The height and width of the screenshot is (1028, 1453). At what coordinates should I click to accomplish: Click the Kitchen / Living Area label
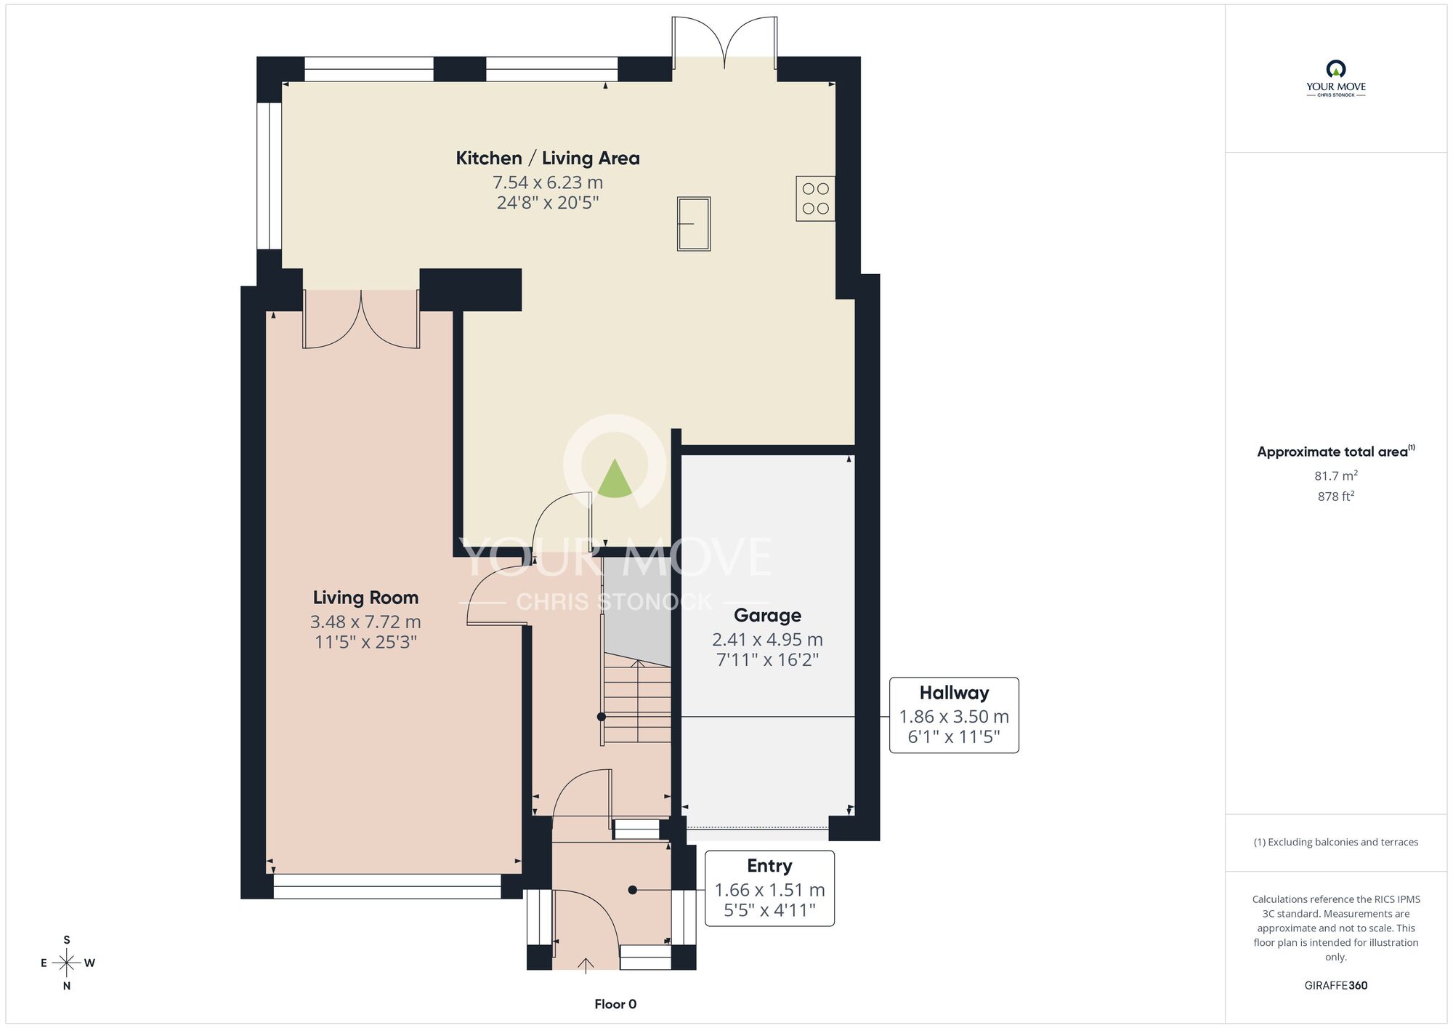[x=548, y=158]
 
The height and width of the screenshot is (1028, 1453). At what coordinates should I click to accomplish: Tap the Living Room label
[x=365, y=598]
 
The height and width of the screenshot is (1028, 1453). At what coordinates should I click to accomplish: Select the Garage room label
[x=767, y=616]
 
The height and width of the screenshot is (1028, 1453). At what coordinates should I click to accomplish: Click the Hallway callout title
[x=954, y=693]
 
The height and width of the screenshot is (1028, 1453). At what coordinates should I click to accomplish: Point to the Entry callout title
[x=769, y=866]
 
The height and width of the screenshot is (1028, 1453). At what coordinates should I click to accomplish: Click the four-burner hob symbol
[x=815, y=198]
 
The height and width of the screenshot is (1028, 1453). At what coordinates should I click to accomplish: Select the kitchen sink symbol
[x=694, y=224]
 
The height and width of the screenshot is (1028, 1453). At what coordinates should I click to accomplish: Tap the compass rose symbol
[x=67, y=963]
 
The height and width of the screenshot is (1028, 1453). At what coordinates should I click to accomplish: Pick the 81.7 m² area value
[x=1336, y=476]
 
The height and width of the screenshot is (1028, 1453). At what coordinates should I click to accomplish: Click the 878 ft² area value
[x=1336, y=497]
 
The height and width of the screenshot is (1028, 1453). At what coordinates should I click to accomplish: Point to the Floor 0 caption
[x=615, y=1004]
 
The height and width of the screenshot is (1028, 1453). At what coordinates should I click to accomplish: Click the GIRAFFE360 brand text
[x=1336, y=986]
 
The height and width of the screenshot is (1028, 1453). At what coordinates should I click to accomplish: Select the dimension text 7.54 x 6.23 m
[x=548, y=182]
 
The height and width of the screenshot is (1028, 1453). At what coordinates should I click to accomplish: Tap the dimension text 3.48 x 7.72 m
[x=365, y=622]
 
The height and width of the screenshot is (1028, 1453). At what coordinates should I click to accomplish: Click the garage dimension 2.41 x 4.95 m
[x=767, y=640]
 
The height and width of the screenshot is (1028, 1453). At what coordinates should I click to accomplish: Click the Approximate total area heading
[x=1336, y=451]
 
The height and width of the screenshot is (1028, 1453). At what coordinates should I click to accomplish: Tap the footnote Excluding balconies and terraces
[x=1336, y=842]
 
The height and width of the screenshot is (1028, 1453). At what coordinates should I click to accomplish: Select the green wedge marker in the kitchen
[x=615, y=478]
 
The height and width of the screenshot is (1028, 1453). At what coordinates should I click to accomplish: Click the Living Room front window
[x=387, y=886]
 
